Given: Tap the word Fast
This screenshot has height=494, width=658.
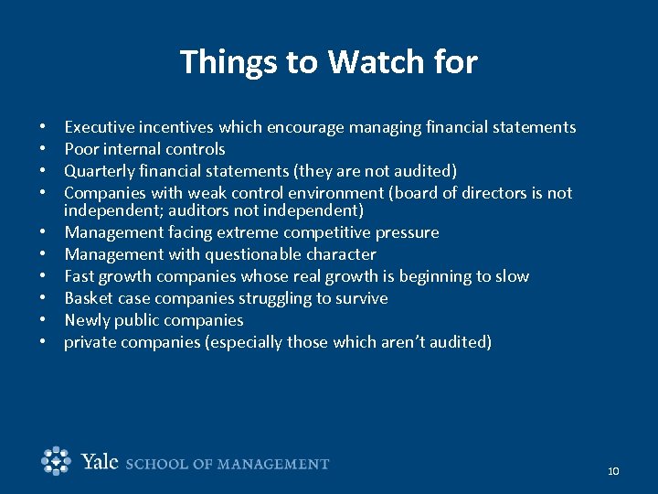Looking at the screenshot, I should (x=80, y=276).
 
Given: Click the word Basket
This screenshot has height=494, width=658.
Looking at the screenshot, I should (x=89, y=298).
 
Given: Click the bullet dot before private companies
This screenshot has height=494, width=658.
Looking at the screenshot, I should (x=44, y=343).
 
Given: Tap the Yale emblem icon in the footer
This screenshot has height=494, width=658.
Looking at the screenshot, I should (x=57, y=461).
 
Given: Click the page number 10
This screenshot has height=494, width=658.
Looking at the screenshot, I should (x=612, y=470).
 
